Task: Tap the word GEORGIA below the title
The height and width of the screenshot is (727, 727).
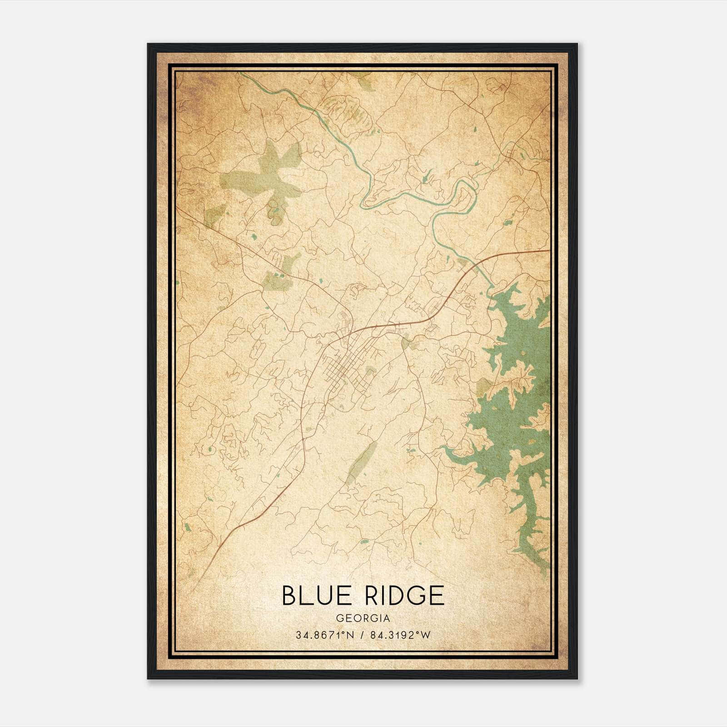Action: tap(363, 618)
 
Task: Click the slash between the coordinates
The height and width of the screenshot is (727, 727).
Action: tap(361, 635)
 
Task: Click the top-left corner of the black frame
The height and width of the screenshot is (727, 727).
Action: tap(149, 45)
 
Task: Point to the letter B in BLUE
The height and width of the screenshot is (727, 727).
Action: tap(289, 595)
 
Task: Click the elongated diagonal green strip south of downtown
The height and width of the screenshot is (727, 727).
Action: tap(361, 461)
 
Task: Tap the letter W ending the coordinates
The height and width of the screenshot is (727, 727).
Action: tap(426, 635)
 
